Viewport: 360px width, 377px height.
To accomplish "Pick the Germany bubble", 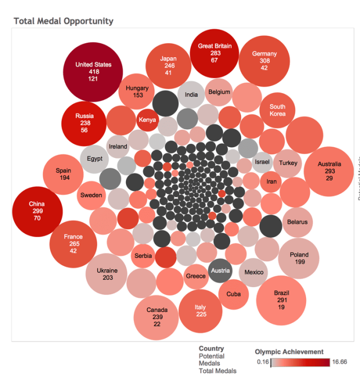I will coord(264,61).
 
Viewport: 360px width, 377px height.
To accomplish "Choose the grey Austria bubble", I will coord(220,271).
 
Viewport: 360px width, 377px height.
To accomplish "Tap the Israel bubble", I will coord(262,162).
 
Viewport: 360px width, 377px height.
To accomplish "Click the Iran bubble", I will coord(271,181).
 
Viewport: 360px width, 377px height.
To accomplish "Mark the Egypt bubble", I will coord(94,159).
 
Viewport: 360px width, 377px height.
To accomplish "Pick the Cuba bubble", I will coord(233,294).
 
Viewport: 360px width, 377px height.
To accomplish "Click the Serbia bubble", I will coord(143,256).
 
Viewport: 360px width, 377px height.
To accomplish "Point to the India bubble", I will coord(191,94).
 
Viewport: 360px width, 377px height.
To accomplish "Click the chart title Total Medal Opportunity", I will coord(63,21).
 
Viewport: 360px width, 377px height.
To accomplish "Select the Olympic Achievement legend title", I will coord(289,352).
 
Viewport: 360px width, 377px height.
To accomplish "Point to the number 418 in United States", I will coord(93,72).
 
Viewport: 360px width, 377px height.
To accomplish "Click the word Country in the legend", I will coord(211,349).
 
